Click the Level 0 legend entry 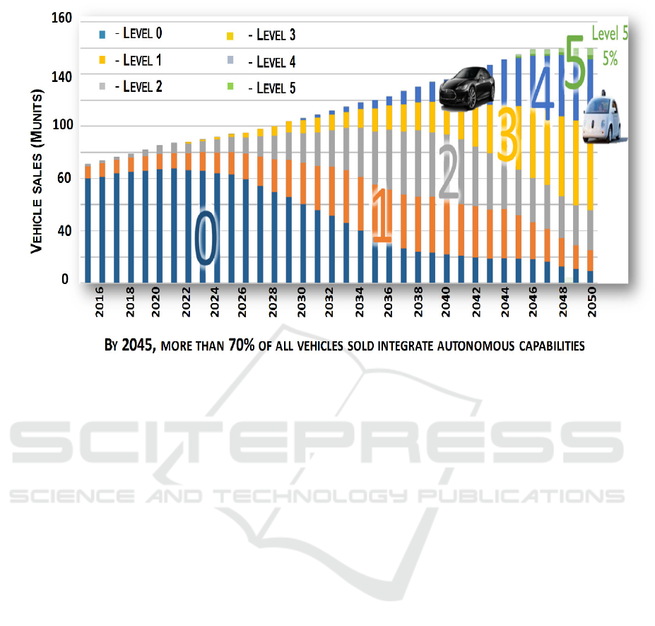138,33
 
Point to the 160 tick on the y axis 61,18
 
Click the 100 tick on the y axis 61,126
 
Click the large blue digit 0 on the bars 205,239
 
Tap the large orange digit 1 380,215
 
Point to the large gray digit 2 449,172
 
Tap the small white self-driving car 601,117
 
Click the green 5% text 609,60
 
